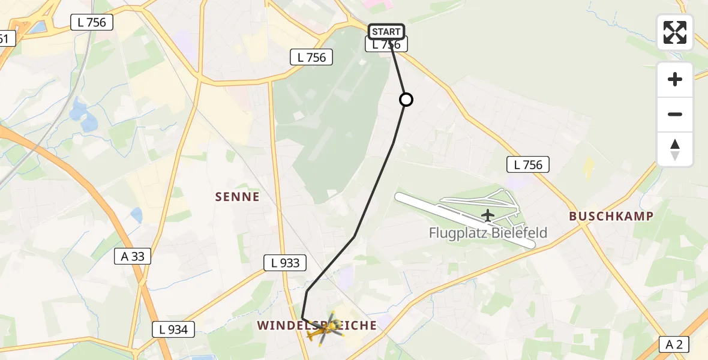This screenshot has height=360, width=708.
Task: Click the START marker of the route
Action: point(386,32)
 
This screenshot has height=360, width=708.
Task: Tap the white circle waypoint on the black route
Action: point(406,100)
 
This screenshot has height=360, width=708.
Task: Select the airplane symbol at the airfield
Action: point(488,215)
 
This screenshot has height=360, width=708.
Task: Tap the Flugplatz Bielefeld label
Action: point(488,233)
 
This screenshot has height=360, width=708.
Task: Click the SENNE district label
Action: point(238,197)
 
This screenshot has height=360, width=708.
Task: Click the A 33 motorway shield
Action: point(133,257)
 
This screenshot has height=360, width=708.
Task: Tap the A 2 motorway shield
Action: point(674,344)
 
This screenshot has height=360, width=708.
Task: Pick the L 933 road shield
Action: point(285,263)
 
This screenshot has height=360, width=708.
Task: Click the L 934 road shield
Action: point(173,329)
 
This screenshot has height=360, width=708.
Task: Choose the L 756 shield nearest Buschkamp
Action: point(528,164)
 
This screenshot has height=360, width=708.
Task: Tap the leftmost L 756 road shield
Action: point(92,23)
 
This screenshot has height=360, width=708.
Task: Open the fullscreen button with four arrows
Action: point(675,32)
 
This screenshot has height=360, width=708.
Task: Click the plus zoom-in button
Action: point(675,79)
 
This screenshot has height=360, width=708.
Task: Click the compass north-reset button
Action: point(675,149)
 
